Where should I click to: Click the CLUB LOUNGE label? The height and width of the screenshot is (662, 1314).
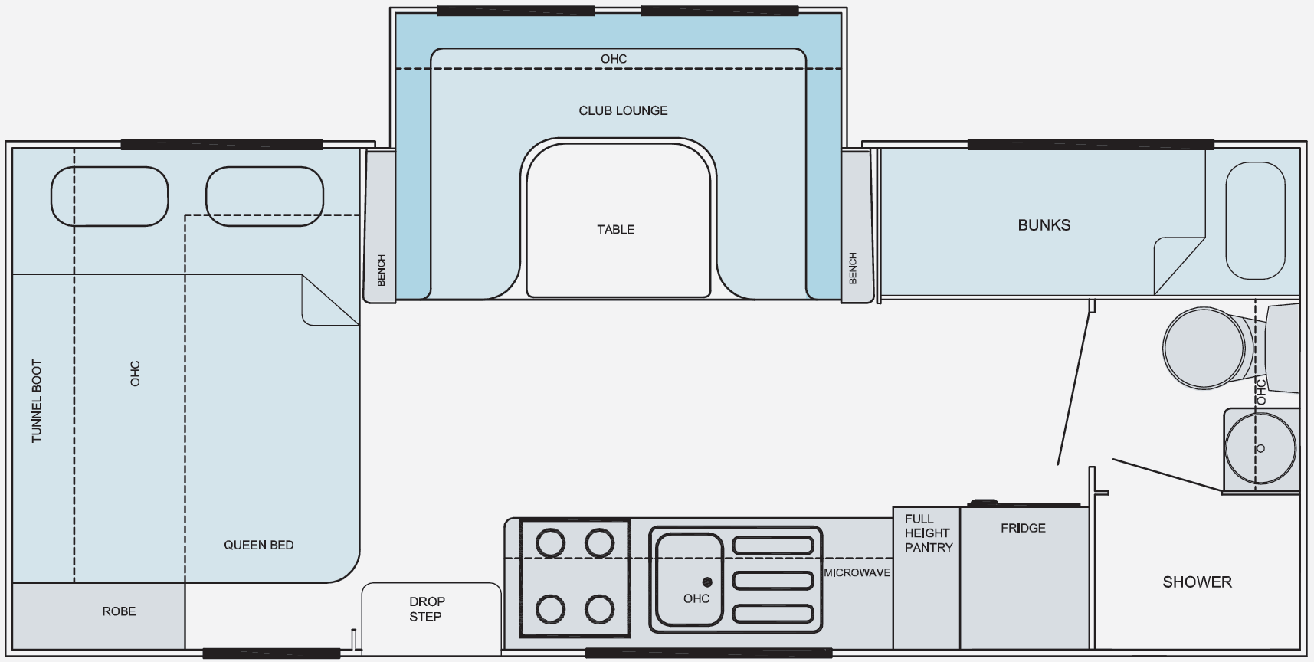[623, 110]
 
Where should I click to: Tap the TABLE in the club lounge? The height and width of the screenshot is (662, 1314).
[618, 220]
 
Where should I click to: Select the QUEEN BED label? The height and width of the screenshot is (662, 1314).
[258, 545]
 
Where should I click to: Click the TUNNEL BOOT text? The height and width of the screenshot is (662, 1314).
[36, 401]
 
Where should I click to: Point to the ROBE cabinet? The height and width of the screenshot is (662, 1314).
[98, 616]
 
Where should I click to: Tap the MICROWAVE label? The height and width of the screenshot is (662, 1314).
[857, 572]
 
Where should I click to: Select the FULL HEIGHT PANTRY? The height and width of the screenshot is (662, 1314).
[926, 578]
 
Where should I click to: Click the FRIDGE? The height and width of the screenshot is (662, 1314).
[1024, 578]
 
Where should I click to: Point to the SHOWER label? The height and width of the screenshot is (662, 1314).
[1197, 582]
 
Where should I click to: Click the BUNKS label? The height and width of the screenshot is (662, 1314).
[1044, 225]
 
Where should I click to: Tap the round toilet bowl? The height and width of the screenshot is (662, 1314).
[1205, 347]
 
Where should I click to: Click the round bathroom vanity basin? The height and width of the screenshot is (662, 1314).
[1260, 448]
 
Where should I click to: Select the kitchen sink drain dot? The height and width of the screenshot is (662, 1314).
[707, 582]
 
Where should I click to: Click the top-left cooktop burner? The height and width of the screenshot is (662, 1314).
[550, 544]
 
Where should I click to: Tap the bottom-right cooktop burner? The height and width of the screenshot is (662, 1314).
[600, 610]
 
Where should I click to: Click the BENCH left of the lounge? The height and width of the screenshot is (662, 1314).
[379, 226]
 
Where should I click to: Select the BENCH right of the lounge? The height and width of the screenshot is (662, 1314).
[857, 226]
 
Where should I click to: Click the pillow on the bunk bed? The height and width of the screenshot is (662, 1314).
[1255, 221]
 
